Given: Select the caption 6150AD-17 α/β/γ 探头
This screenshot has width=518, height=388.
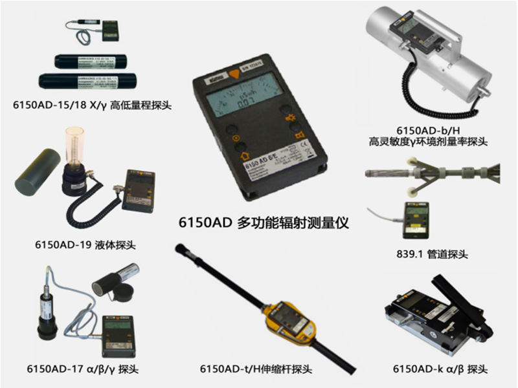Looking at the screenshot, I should (83, 369).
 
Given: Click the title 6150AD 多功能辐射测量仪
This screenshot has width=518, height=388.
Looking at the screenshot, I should (264, 223).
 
